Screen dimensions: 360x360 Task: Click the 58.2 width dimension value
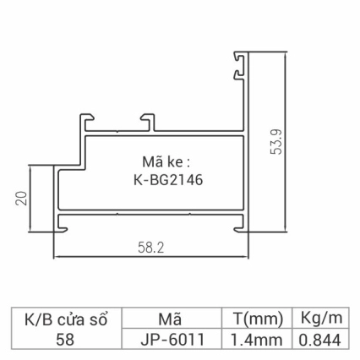click(151, 248)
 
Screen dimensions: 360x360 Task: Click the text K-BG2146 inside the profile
click(168, 179)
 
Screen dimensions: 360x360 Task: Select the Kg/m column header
click(318, 319)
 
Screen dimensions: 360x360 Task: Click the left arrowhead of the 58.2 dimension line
click(57, 256)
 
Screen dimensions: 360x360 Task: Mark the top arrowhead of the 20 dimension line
click(32, 167)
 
